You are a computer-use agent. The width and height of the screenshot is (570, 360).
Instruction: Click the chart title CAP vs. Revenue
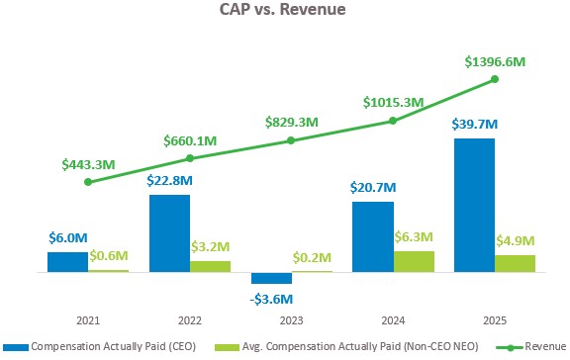click(285, 14)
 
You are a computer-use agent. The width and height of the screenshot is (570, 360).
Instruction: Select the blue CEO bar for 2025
click(474, 205)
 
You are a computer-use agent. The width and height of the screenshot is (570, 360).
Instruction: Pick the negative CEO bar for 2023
click(271, 278)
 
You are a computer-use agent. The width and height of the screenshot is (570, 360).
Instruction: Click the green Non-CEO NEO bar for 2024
click(414, 261)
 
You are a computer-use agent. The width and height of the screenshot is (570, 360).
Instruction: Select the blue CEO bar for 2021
click(67, 261)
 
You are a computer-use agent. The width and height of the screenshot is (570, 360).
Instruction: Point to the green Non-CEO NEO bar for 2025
click(515, 263)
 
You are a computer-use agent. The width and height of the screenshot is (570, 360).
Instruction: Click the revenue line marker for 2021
click(88, 182)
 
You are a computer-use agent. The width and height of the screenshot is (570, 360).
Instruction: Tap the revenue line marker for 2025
click(494, 79)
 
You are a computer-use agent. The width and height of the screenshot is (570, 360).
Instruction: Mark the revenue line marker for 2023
click(291, 140)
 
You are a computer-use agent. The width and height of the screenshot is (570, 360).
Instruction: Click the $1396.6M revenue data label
click(495, 61)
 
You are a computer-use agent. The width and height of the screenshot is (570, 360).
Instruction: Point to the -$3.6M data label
click(271, 299)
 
